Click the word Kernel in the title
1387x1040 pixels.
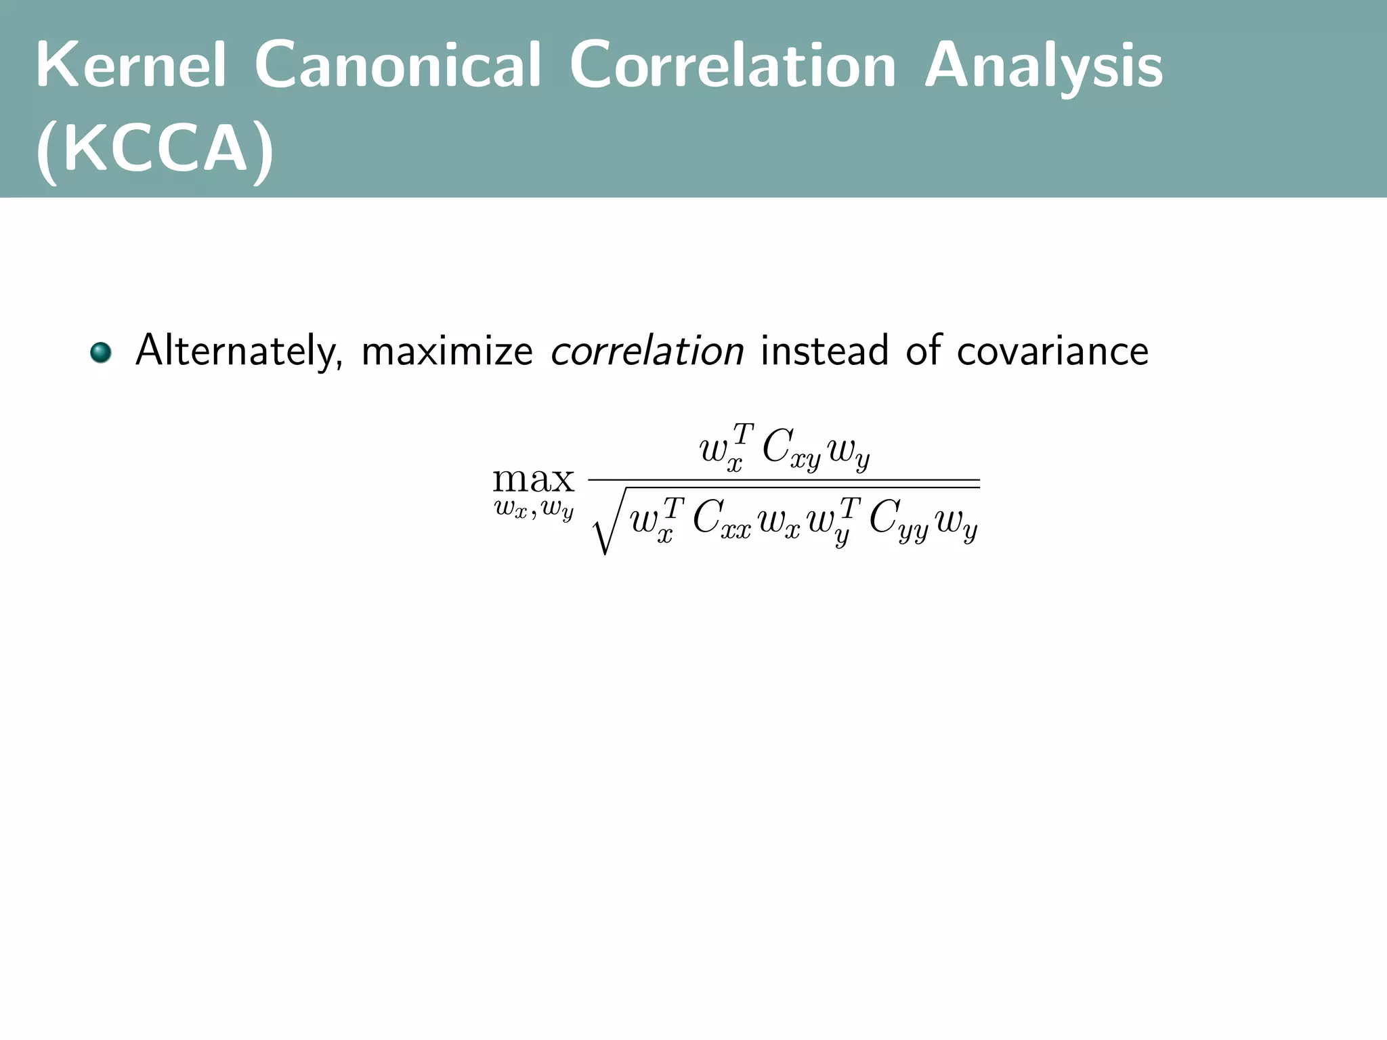(x=131, y=66)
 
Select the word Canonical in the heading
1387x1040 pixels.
(x=398, y=66)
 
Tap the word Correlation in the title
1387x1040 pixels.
(x=733, y=66)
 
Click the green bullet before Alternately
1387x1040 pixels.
(x=101, y=353)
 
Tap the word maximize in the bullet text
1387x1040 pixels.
(x=447, y=351)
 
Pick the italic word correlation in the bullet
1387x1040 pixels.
(x=647, y=351)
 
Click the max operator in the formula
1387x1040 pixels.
(x=533, y=479)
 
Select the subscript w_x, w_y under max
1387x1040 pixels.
(x=534, y=509)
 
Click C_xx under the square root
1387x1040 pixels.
(x=722, y=521)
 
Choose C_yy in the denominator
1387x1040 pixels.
(x=898, y=521)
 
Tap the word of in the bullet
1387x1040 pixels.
(x=922, y=351)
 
